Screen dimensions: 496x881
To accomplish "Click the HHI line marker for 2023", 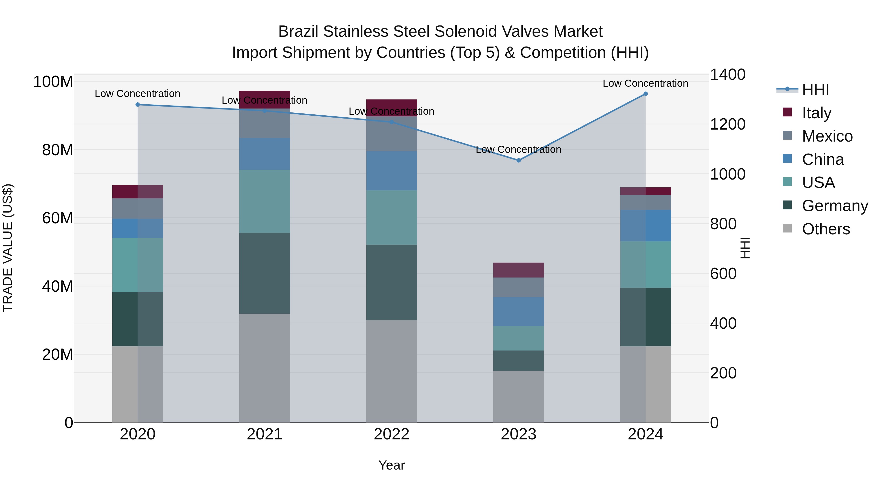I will pos(519,160).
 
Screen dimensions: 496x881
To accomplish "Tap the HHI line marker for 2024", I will pos(645,94).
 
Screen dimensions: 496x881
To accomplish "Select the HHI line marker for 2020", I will pos(138,104).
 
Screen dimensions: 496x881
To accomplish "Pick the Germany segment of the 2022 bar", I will pos(392,282).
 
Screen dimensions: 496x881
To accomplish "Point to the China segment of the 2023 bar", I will pos(519,312).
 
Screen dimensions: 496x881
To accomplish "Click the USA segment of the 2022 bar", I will pos(392,217).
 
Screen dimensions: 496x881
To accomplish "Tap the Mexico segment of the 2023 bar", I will pos(519,287).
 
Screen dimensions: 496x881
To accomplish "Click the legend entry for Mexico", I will pos(827,136).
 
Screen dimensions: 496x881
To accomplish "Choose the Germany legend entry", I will pos(835,206).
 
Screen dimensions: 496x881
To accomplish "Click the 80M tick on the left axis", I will pos(58,150).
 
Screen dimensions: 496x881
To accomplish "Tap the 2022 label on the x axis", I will pos(392,434).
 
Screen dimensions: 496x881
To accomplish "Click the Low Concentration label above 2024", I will pos(645,83).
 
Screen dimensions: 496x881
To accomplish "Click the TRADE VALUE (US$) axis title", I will pos(8,248).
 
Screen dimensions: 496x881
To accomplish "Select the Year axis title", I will pos(392,465).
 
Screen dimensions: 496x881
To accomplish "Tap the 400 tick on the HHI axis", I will pos(723,323).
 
